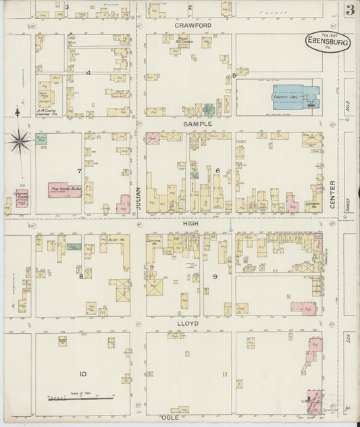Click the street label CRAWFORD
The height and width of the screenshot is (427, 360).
(x=190, y=25)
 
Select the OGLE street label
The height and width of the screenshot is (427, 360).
(x=180, y=409)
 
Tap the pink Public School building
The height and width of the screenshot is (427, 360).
(x=66, y=190)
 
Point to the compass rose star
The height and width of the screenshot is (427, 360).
(x=20, y=141)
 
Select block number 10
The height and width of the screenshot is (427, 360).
(x=82, y=374)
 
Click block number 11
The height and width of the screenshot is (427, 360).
(x=224, y=374)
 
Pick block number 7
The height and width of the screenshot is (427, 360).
(x=79, y=170)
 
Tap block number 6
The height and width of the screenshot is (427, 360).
(x=217, y=170)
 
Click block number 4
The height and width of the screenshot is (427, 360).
(x=87, y=72)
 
